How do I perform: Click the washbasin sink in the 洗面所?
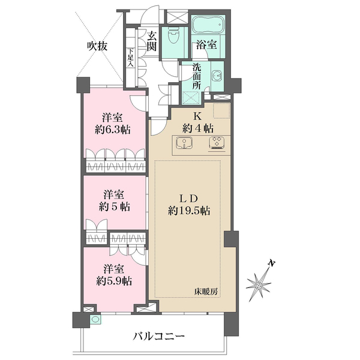point(217,76)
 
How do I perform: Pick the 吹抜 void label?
point(98,46)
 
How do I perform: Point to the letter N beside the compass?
point(272,263)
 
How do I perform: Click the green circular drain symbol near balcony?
point(95,320)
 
